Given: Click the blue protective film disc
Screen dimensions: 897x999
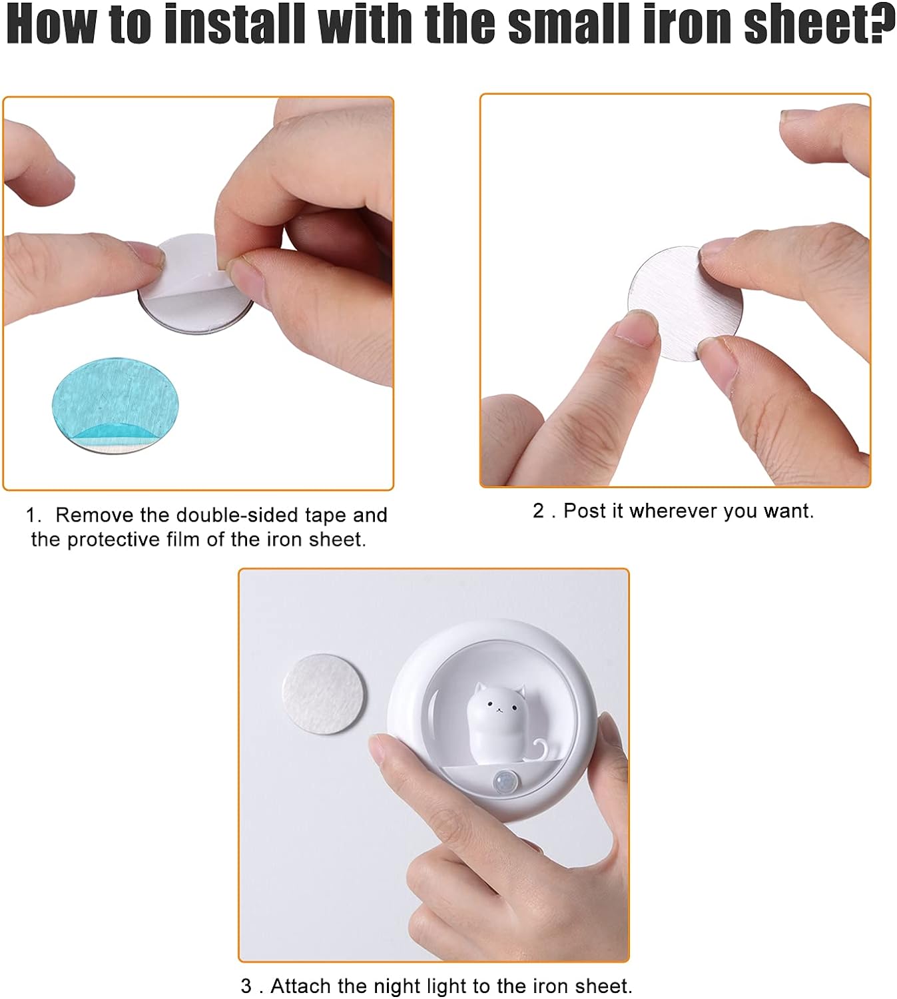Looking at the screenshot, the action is (115, 406).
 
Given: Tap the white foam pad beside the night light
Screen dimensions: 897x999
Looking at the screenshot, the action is (324, 694).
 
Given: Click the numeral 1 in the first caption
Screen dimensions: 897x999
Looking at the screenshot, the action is (31, 515).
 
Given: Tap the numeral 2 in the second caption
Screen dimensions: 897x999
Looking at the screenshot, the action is (538, 511).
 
